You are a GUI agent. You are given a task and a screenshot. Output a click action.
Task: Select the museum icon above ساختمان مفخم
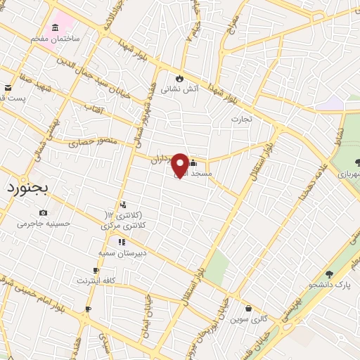(x=56, y=26)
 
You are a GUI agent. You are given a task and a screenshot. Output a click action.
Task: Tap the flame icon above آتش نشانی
(x=181, y=77)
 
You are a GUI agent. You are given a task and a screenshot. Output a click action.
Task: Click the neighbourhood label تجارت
(x=246, y=119)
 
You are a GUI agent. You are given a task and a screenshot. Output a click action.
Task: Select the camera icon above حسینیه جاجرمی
(x=44, y=212)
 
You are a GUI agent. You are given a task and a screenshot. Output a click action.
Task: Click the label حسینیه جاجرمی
(x=44, y=224)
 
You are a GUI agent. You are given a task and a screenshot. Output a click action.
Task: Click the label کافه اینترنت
(x=97, y=281)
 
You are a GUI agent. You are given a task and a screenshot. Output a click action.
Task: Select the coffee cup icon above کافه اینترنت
(x=96, y=270)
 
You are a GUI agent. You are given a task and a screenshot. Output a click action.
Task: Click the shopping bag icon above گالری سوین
(x=248, y=308)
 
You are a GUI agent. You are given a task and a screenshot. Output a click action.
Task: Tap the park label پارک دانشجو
(x=329, y=285)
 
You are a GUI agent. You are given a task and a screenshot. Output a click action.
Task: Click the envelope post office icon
(x=8, y=87)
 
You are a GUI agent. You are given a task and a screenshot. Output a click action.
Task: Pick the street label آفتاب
(x=94, y=109)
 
